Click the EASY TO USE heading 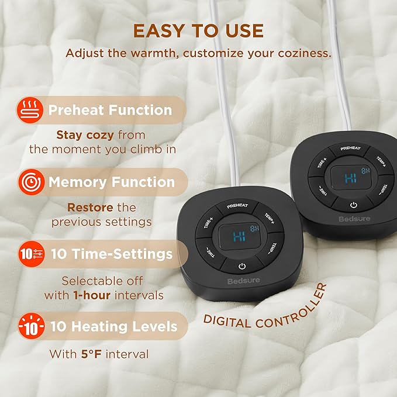[x=199, y=31]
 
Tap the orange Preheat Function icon [x=30, y=110]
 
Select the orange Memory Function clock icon [x=32, y=182]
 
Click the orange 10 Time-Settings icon [x=32, y=254]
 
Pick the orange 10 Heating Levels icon [x=32, y=326]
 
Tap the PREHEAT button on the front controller [x=237, y=206]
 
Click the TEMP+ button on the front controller [x=270, y=219]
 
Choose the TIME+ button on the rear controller [x=322, y=163]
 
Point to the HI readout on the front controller [x=239, y=237]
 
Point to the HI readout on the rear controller [x=351, y=178]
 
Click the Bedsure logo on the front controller [x=244, y=281]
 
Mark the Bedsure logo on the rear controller [x=354, y=219]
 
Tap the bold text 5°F [x=91, y=354]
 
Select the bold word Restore [x=90, y=208]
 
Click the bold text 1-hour [x=92, y=295]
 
